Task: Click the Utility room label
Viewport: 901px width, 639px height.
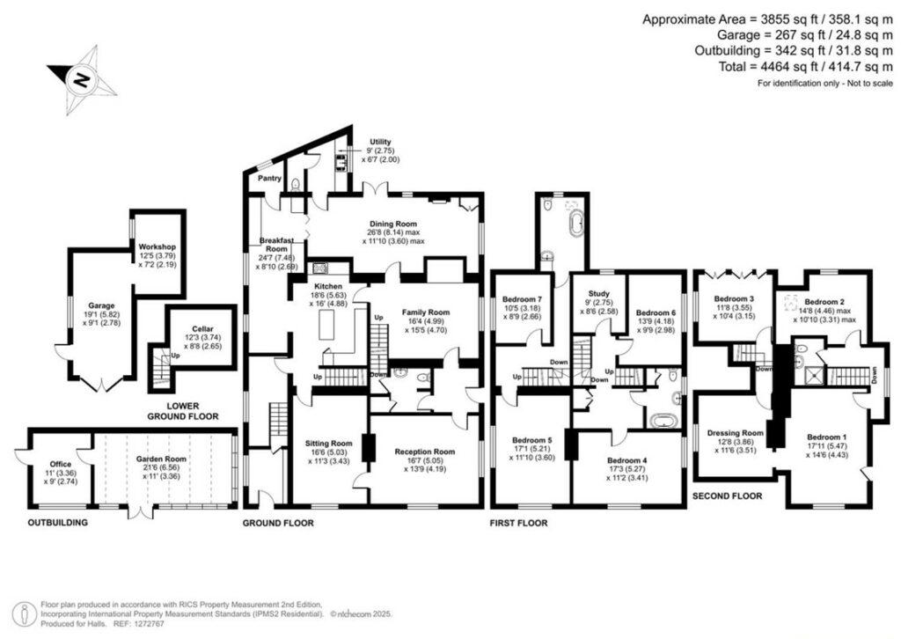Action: pos(381,142)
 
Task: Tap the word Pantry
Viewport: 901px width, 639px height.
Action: pos(269,179)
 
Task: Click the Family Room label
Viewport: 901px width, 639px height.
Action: pos(426,312)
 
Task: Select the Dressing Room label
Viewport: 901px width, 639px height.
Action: pos(735,432)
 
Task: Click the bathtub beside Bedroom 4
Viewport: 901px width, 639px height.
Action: pos(660,422)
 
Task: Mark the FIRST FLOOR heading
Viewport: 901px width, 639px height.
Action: pos(518,523)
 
